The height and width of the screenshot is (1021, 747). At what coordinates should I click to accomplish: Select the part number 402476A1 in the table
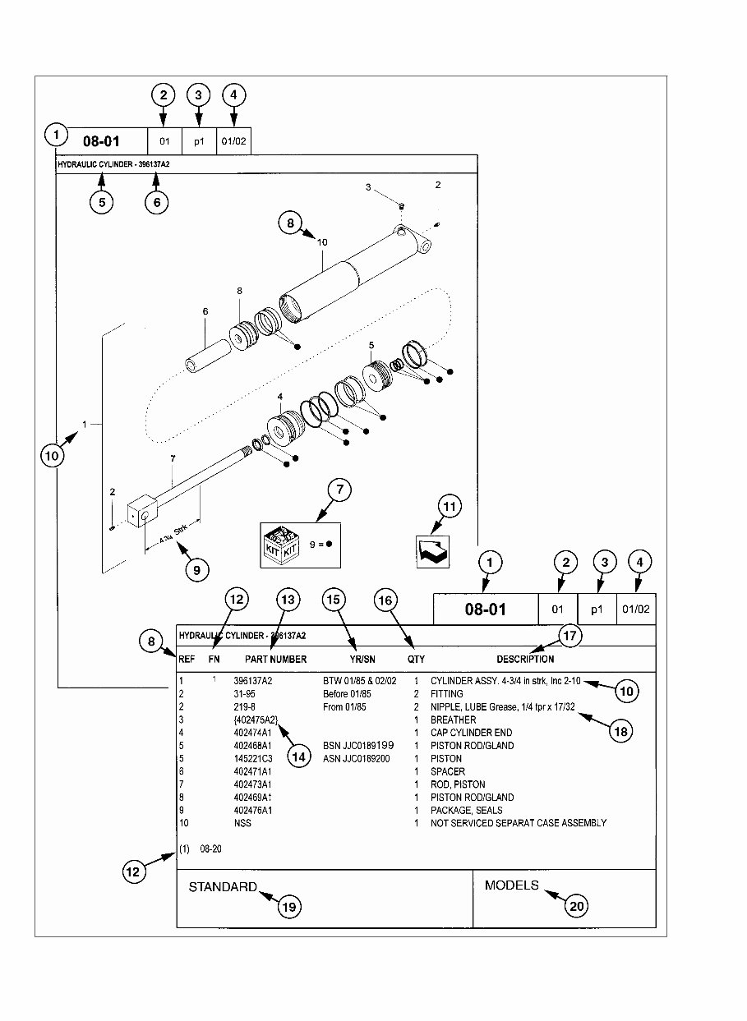coord(252,810)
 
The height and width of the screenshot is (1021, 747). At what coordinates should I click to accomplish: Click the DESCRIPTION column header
coord(525,659)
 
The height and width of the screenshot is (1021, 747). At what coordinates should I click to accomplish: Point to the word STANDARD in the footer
coord(223,887)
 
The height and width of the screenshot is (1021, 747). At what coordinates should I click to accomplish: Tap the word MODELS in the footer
coord(511,885)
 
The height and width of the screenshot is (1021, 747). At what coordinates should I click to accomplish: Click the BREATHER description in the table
coord(453,720)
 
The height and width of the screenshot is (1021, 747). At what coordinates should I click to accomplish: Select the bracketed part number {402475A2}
coord(256,720)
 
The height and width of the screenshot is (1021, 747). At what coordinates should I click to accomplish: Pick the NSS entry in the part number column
coord(242,823)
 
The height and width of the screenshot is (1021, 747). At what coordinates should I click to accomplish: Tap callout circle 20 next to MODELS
coord(577,905)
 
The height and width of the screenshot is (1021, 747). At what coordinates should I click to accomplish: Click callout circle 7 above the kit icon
coord(339,490)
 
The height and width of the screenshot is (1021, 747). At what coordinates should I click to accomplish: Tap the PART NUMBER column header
coord(275,659)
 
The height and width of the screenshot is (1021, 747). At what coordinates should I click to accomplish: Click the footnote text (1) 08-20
coord(201,849)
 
